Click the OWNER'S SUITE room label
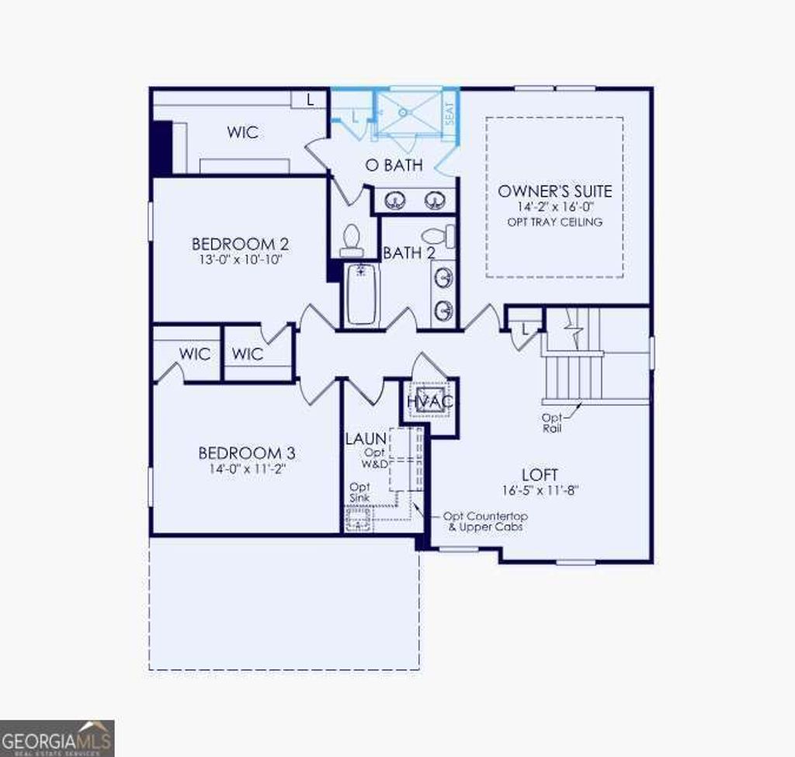point(554,191)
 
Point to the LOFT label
point(540,474)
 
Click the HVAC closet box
point(429,401)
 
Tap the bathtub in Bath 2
point(360,295)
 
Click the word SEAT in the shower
point(449,114)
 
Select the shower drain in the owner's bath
point(403,113)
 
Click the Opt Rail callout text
point(552,422)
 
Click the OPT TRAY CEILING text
point(554,222)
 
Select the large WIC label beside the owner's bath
point(242,133)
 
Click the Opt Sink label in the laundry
point(359,491)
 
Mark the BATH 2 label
point(408,252)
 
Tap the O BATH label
point(394,165)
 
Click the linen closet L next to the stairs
point(526,328)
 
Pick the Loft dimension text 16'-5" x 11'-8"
point(540,491)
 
